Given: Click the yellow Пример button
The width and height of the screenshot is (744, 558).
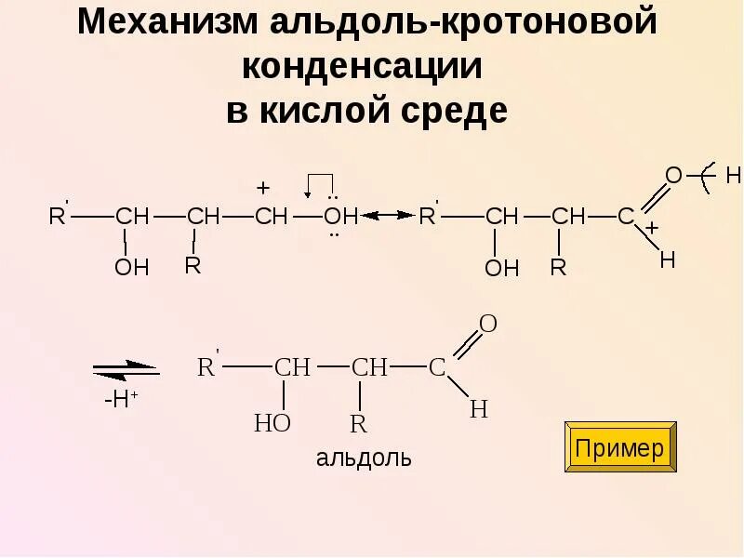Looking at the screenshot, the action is (620, 447).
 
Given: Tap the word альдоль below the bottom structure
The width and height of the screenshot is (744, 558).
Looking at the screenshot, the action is (364, 458).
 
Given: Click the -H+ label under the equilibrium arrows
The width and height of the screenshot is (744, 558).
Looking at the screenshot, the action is (120, 401).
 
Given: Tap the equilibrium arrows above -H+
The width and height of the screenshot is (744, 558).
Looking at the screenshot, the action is (126, 370).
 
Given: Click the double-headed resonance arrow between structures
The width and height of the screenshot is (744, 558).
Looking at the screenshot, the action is (389, 215).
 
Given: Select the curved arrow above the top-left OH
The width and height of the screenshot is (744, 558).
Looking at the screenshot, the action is (320, 182).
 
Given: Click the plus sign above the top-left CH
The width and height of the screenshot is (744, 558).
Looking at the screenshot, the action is (263, 188).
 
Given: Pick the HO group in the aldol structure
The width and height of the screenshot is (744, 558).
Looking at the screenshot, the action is (272, 424).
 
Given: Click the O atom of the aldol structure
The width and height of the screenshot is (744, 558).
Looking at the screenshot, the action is (488, 325).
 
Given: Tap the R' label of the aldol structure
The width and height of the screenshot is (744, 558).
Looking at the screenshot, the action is (207, 365).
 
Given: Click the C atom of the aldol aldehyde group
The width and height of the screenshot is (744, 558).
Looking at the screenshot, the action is (437, 366).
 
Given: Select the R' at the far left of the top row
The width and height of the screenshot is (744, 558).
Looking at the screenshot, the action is (59, 216).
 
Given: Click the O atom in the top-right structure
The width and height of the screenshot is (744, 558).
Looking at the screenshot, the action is (674, 175).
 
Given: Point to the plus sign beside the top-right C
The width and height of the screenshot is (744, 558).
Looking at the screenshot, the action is (652, 228).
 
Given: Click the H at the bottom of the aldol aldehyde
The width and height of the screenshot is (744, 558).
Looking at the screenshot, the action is (479, 408).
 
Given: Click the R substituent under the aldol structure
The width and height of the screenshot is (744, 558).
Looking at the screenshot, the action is (358, 425).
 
